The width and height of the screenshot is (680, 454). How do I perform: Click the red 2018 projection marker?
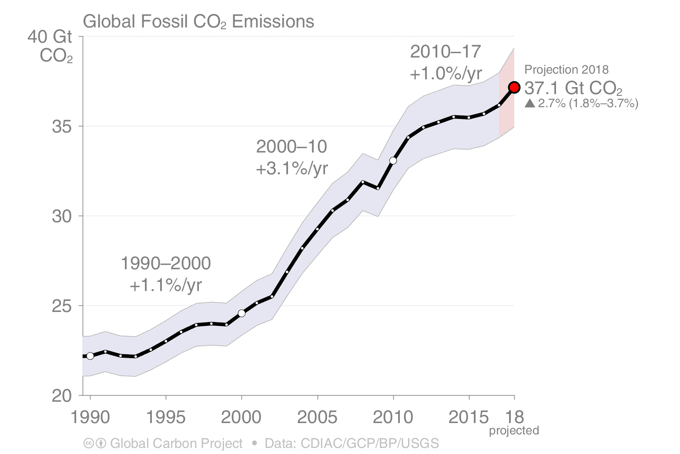click(514, 88)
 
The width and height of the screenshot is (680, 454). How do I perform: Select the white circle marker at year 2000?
click(242, 313)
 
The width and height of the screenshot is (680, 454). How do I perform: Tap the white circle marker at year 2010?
click(393, 161)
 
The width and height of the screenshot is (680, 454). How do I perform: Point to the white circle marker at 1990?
click(90, 356)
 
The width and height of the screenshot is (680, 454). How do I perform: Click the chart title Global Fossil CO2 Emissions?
click(198, 21)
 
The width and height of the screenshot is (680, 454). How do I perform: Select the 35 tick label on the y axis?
click(62, 126)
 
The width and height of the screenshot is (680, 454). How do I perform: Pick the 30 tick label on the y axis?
click(62, 216)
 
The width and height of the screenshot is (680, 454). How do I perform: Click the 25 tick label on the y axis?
click(62, 306)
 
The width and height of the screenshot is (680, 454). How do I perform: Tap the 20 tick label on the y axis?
click(62, 396)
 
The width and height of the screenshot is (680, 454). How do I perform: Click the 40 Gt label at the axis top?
click(50, 37)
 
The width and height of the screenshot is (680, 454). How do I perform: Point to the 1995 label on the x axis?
click(166, 417)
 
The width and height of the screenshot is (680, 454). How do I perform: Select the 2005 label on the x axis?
click(317, 417)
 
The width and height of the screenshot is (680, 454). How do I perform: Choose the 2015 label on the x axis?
click(469, 417)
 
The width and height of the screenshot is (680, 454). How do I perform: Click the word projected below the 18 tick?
click(514, 430)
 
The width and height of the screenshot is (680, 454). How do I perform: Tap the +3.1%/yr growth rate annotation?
click(292, 168)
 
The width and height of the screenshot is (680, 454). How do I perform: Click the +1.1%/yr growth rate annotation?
click(166, 285)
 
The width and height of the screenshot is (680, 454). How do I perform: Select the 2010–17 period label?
click(446, 52)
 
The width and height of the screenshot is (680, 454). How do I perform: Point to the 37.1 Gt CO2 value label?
click(573, 88)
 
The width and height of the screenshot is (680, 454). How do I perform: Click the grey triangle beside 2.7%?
click(529, 103)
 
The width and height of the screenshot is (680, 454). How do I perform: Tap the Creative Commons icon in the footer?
click(88, 444)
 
